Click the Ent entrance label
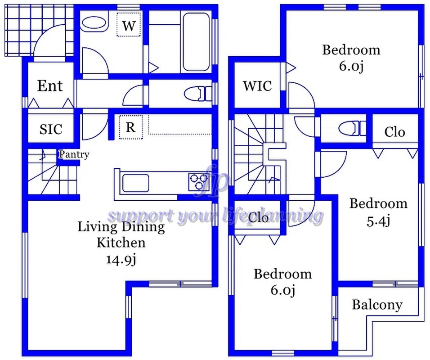pos(49,85)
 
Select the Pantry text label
pos(74,154)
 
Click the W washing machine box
pos(129,26)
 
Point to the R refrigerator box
pos(130,127)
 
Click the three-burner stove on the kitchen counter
pos(198,181)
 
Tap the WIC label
pos(257,85)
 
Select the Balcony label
pos(377,305)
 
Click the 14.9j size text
pos(121,260)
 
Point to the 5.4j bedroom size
pos(378,220)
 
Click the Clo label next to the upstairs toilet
pos(394,132)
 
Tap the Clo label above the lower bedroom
pos(259,218)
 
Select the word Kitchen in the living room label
pos(121,243)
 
